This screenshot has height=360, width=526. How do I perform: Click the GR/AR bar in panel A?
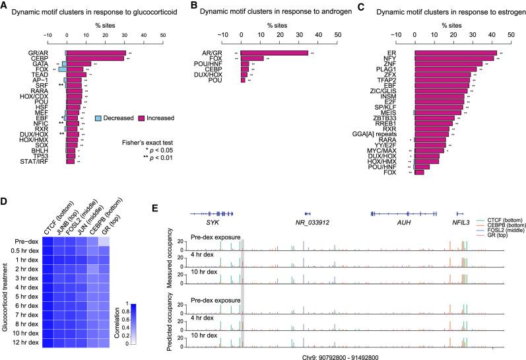(96, 53)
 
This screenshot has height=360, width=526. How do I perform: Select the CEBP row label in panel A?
(54, 59)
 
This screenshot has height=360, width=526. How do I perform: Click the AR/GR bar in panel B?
(274, 53)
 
